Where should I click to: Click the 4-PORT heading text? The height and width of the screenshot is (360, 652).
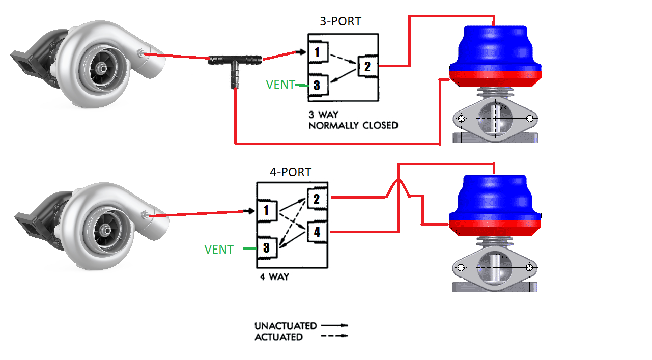point(291,172)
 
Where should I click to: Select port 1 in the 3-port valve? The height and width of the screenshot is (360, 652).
point(317,52)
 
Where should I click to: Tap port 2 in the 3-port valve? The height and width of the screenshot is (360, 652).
point(367,66)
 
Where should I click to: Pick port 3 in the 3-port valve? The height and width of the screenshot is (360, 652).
point(317,85)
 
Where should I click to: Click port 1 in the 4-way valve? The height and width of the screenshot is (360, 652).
point(266,210)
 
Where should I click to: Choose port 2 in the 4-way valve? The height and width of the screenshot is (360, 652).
point(316,199)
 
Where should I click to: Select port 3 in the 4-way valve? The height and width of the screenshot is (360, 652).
point(266,248)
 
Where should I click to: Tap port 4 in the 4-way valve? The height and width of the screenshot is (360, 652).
point(317,232)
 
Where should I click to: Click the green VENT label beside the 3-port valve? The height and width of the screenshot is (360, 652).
point(280,85)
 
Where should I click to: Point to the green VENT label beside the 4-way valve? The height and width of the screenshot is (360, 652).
point(219,250)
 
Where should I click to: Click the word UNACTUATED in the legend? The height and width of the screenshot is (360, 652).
point(286,326)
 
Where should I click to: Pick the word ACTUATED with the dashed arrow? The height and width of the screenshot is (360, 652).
point(278,337)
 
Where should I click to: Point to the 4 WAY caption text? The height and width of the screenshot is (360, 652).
point(275,277)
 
